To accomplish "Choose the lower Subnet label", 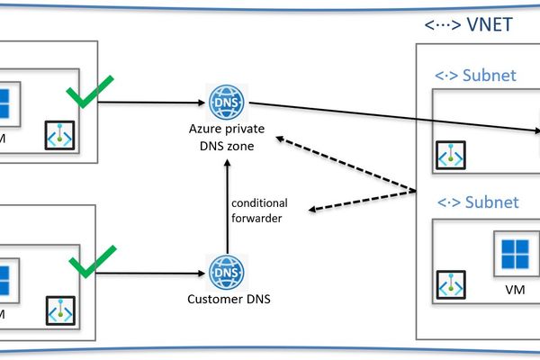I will click(x=477, y=202).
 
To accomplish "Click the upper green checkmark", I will click(x=94, y=91).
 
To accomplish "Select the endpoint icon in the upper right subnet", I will click(x=451, y=154).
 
